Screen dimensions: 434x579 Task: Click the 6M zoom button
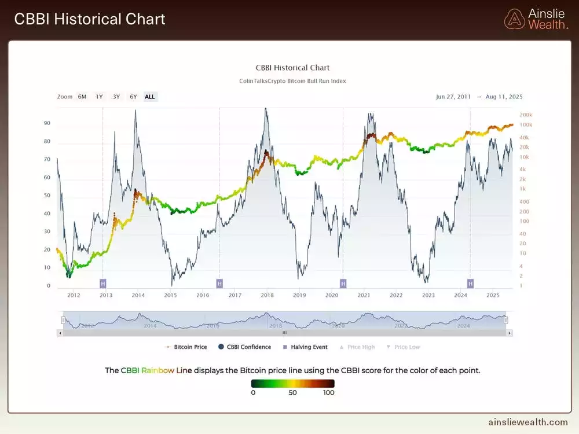click(82, 97)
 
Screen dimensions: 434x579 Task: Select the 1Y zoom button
click(100, 97)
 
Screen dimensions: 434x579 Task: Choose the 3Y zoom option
click(116, 97)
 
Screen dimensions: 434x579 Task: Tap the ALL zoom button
click(150, 97)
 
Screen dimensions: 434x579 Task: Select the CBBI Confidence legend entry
click(244, 347)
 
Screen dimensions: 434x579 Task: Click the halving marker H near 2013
click(103, 283)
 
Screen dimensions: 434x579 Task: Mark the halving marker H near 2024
click(470, 283)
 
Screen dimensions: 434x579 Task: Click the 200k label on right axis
click(526, 115)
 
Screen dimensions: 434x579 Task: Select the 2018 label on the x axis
click(267, 295)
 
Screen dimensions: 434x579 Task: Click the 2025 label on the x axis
click(493, 295)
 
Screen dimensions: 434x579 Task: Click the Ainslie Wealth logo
click(536, 19)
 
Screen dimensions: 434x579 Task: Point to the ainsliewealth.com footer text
click(529, 422)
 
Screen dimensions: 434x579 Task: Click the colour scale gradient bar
click(293, 383)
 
